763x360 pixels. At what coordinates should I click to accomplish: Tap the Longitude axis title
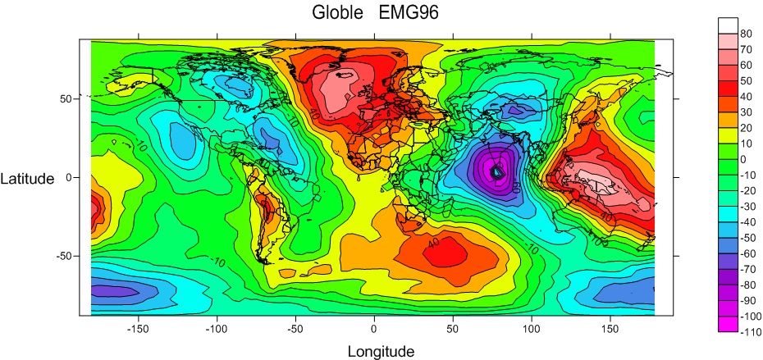click(381, 352)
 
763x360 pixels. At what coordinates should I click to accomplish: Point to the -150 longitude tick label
click(136, 328)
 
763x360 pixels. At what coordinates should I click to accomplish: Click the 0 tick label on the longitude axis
click(374, 328)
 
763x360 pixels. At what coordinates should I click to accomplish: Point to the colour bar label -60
click(747, 253)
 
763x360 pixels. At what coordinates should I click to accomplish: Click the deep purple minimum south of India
click(496, 171)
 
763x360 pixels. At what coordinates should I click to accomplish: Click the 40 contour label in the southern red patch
click(432, 242)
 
